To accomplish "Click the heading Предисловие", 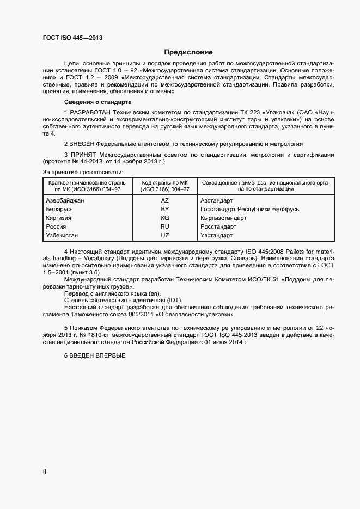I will click(x=188, y=53).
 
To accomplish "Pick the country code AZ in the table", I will click(x=165, y=200).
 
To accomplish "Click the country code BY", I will click(x=165, y=209).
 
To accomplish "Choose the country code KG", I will click(x=165, y=218).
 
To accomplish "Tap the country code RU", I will click(x=165, y=226).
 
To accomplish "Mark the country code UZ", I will click(x=165, y=235).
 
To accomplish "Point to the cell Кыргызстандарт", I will click(x=223, y=218).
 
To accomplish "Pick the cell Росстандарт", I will click(x=218, y=226).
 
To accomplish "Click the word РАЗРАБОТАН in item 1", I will click(x=89, y=112).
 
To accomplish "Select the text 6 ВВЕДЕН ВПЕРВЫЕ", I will click(x=95, y=355).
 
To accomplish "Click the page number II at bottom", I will click(x=44, y=472).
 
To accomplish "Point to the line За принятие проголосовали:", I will click(x=83, y=172).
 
